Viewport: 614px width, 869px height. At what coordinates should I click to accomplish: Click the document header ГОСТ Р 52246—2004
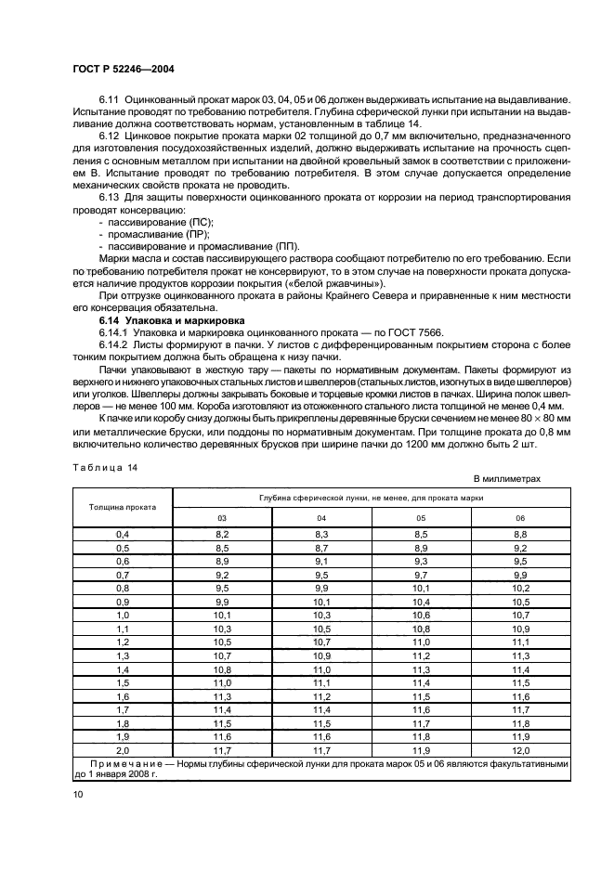tap(124, 70)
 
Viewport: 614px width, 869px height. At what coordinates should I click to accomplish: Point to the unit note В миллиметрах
tap(506, 478)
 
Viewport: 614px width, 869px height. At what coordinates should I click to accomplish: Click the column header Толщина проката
tap(123, 508)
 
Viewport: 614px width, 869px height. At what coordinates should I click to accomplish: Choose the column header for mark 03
tap(222, 517)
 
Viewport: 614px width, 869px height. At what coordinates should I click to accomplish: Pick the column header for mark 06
tap(519, 517)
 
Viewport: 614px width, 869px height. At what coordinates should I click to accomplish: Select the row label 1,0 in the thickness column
tap(123, 616)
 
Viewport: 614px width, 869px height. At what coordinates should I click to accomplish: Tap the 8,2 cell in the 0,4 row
tap(222, 535)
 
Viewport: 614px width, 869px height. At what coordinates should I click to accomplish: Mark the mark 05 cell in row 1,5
tap(420, 682)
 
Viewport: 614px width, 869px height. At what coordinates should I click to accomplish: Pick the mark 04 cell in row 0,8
tap(321, 589)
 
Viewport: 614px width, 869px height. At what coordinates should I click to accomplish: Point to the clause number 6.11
tap(111, 99)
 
